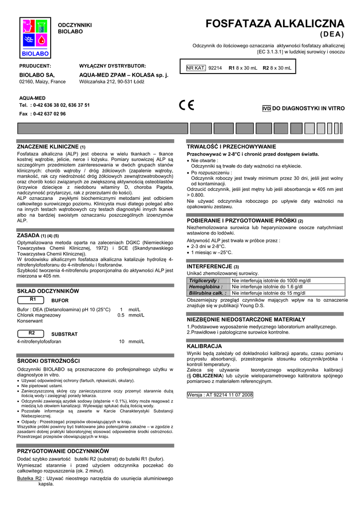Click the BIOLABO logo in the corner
[x=34, y=38]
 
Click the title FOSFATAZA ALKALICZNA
[x=275, y=24]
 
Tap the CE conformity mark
[x=187, y=105]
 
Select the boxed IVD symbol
[x=266, y=108]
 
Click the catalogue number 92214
[x=215, y=68]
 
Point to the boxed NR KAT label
[x=196, y=68]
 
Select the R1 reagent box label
[x=33, y=300]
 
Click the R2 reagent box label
[x=33, y=333]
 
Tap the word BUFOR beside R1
[x=60, y=301]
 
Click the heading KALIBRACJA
[x=204, y=345]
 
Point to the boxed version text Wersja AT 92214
[x=220, y=395]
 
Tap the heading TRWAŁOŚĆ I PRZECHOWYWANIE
[x=231, y=147]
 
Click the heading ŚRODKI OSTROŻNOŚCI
[x=48, y=360]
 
